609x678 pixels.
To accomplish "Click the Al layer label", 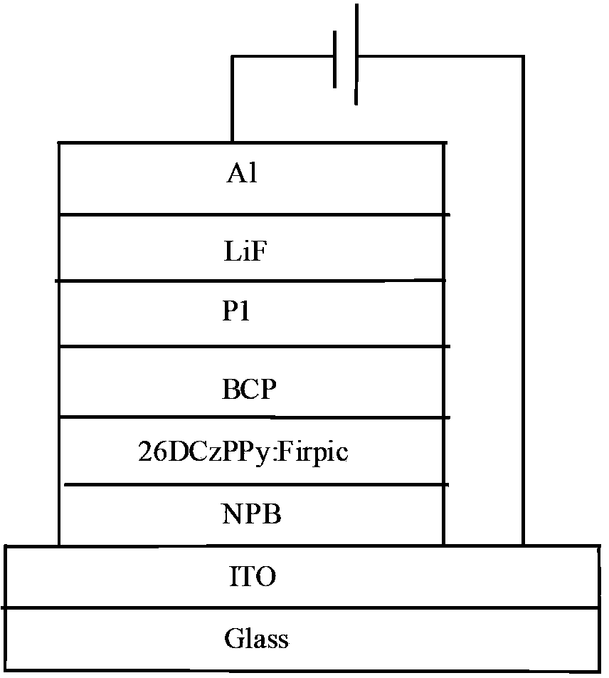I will pos(242,175).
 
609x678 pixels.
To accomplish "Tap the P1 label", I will pos(237,313).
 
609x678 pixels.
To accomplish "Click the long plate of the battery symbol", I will pos(356,53).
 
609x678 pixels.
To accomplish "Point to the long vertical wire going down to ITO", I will pos(524,299).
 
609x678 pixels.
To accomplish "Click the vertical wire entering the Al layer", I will pos(232,100).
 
